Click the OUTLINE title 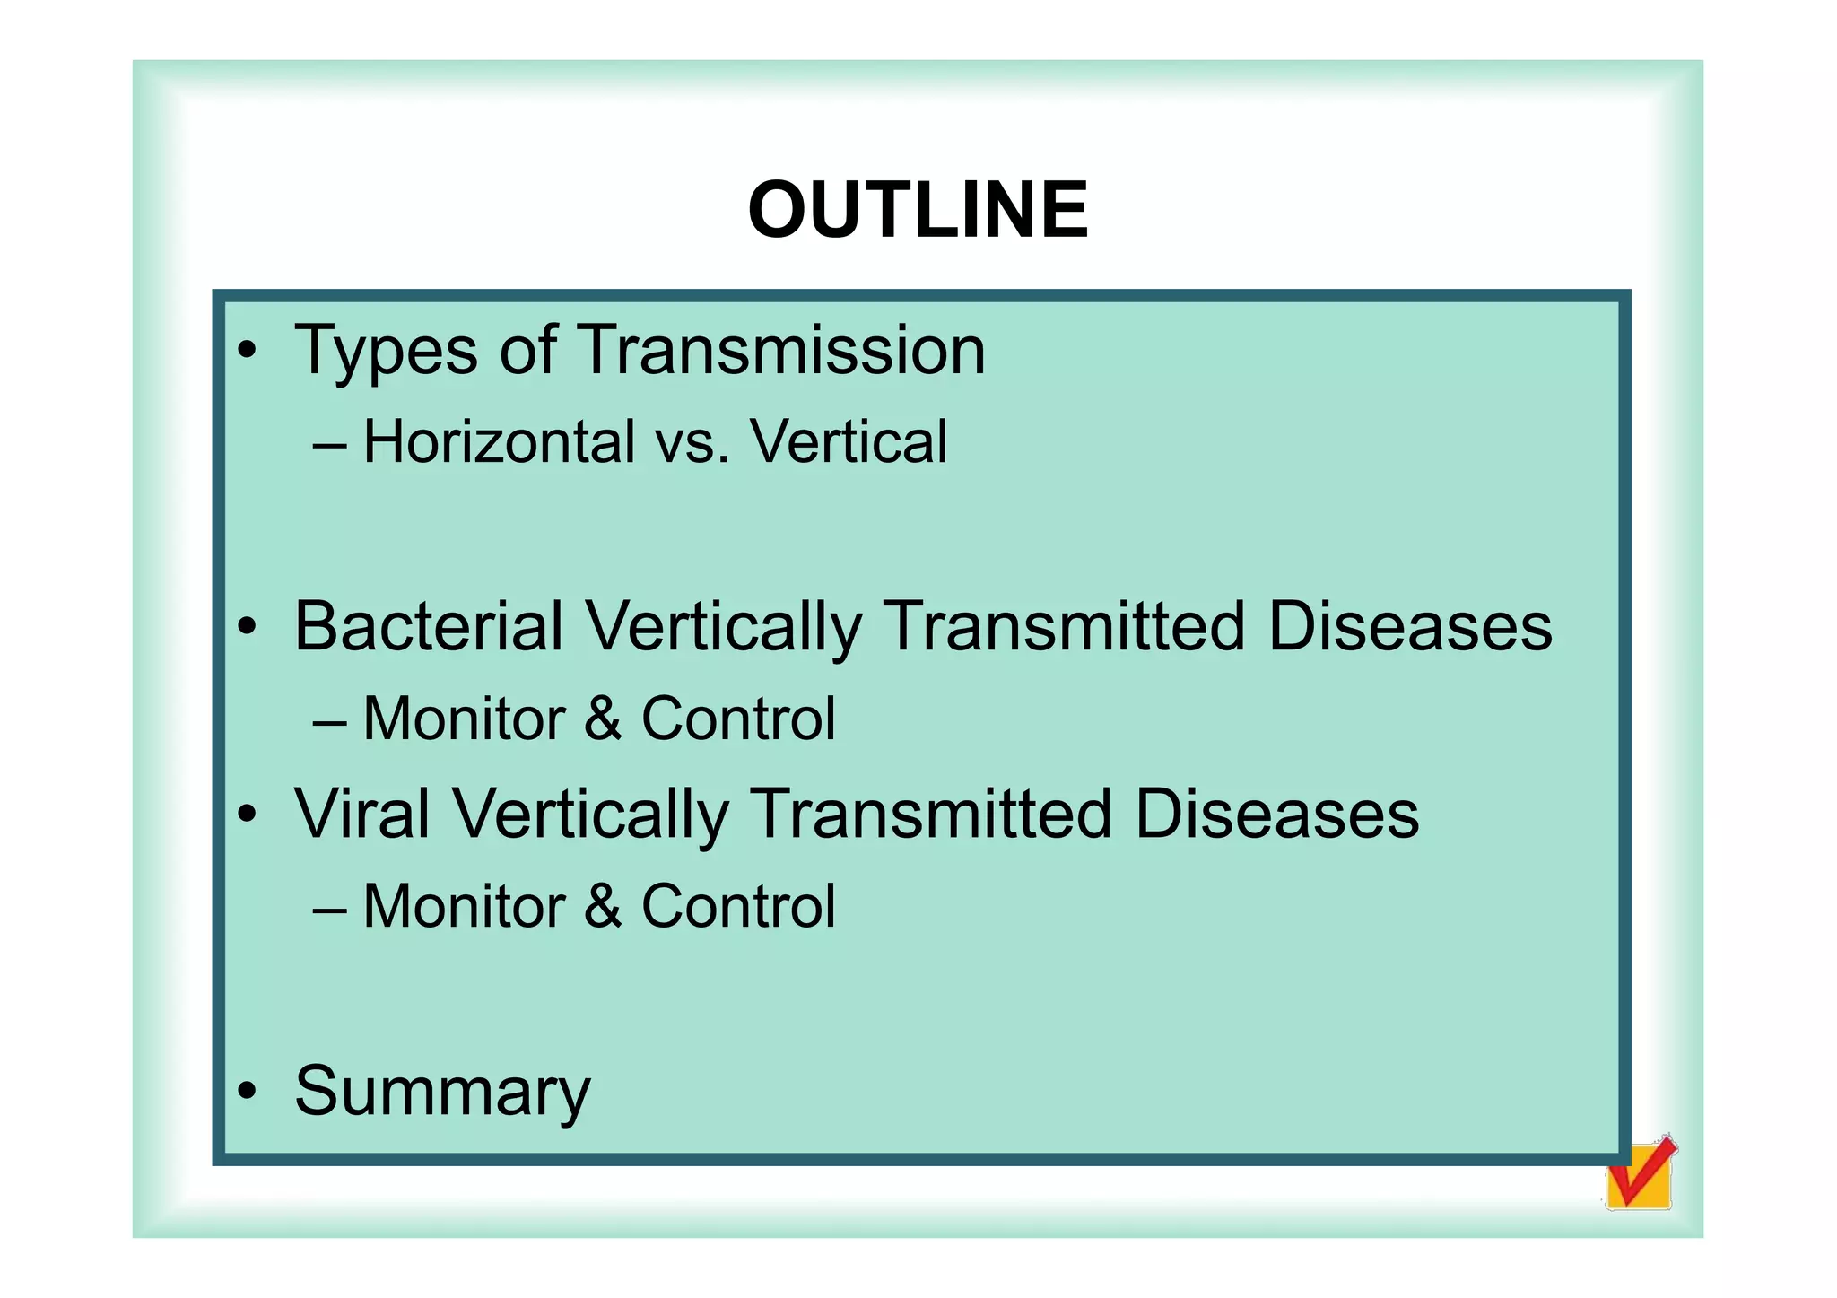click(x=918, y=210)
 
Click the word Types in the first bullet click(x=386, y=352)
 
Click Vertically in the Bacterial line click(x=723, y=628)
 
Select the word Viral click(x=361, y=814)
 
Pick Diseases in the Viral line click(x=1275, y=814)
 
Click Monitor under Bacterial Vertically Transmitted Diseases click(x=463, y=719)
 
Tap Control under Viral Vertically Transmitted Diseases click(x=737, y=906)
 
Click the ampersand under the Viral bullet click(x=603, y=906)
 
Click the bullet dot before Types click(x=247, y=351)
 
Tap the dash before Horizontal click(x=330, y=444)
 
